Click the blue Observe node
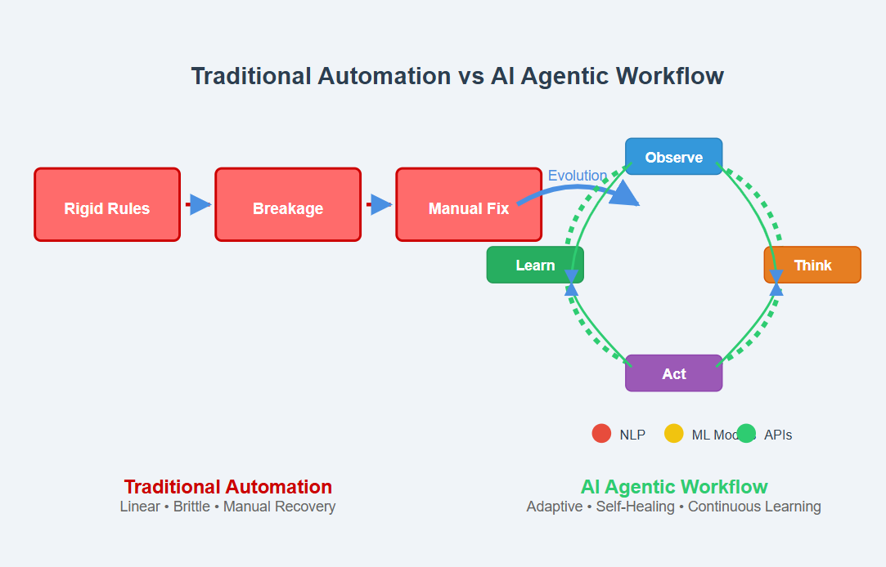coord(673,156)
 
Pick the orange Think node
coord(812,265)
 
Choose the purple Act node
coord(673,373)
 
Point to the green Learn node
coord(535,265)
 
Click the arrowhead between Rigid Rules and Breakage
coord(200,205)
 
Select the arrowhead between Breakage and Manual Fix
coord(381,205)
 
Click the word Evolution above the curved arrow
coord(578,176)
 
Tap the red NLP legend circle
coord(601,434)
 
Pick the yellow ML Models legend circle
coord(673,434)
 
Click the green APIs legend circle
coord(746,434)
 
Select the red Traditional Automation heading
coord(228,487)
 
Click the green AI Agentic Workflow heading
coord(674,487)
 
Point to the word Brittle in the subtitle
coord(191,507)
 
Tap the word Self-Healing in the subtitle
coord(636,507)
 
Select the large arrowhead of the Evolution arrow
coord(626,194)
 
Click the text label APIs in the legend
coord(778,435)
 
